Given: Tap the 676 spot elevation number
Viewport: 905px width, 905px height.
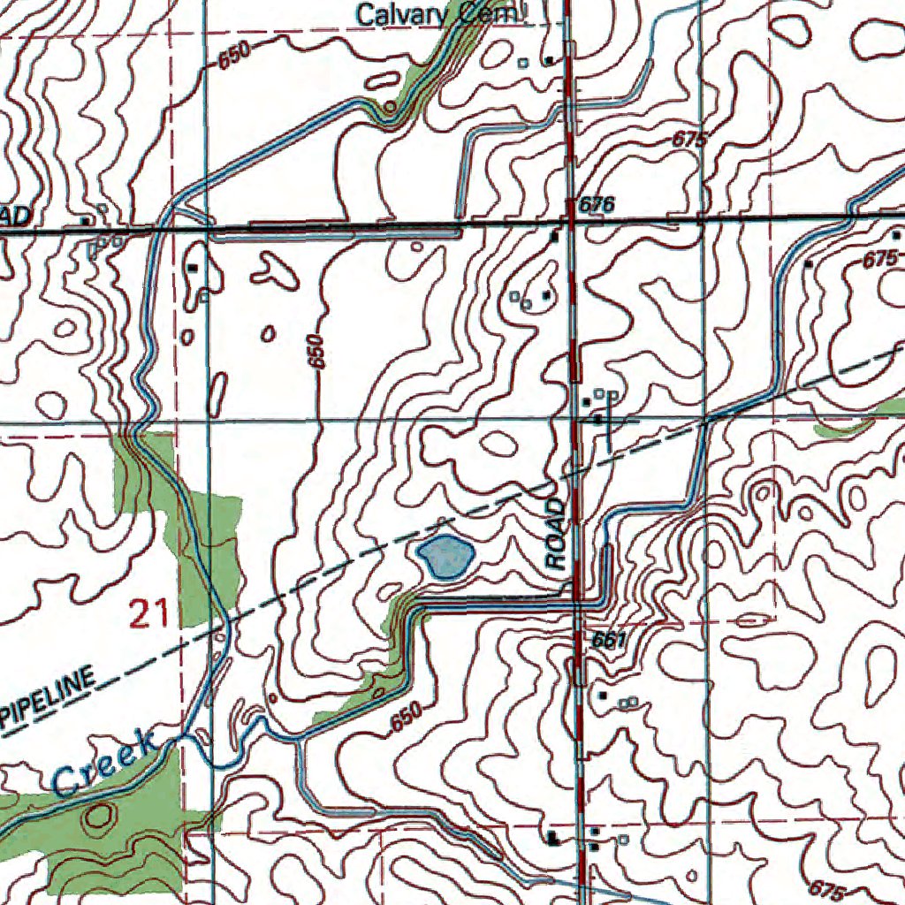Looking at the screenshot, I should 596,205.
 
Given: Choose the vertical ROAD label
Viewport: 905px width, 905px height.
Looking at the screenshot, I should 555,534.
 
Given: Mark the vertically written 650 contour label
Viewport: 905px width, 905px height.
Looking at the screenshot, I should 318,351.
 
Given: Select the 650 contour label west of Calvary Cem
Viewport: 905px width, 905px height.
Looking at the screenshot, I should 235,57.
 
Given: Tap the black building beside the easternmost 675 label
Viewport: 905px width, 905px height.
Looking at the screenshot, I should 808,263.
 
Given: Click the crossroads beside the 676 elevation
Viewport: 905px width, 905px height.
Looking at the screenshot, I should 571,221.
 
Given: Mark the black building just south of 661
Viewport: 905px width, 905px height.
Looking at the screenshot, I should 603,696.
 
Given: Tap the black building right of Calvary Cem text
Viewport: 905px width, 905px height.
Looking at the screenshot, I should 549,60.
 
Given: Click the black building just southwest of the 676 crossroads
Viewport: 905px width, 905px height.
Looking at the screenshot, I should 554,237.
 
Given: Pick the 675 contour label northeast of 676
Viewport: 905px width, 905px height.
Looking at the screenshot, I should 689,140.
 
